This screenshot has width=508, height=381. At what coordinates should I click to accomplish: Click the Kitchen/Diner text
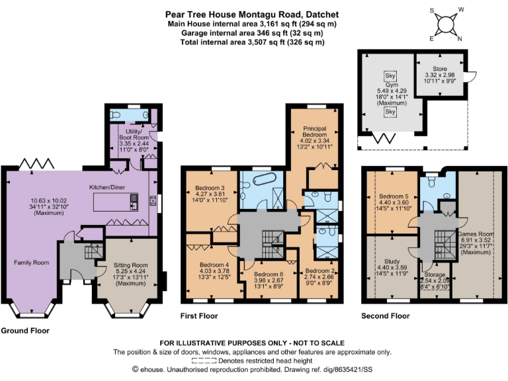(108, 187)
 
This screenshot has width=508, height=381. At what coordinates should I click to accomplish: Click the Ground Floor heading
(24, 330)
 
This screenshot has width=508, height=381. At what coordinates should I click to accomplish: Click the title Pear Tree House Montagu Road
(253, 13)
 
